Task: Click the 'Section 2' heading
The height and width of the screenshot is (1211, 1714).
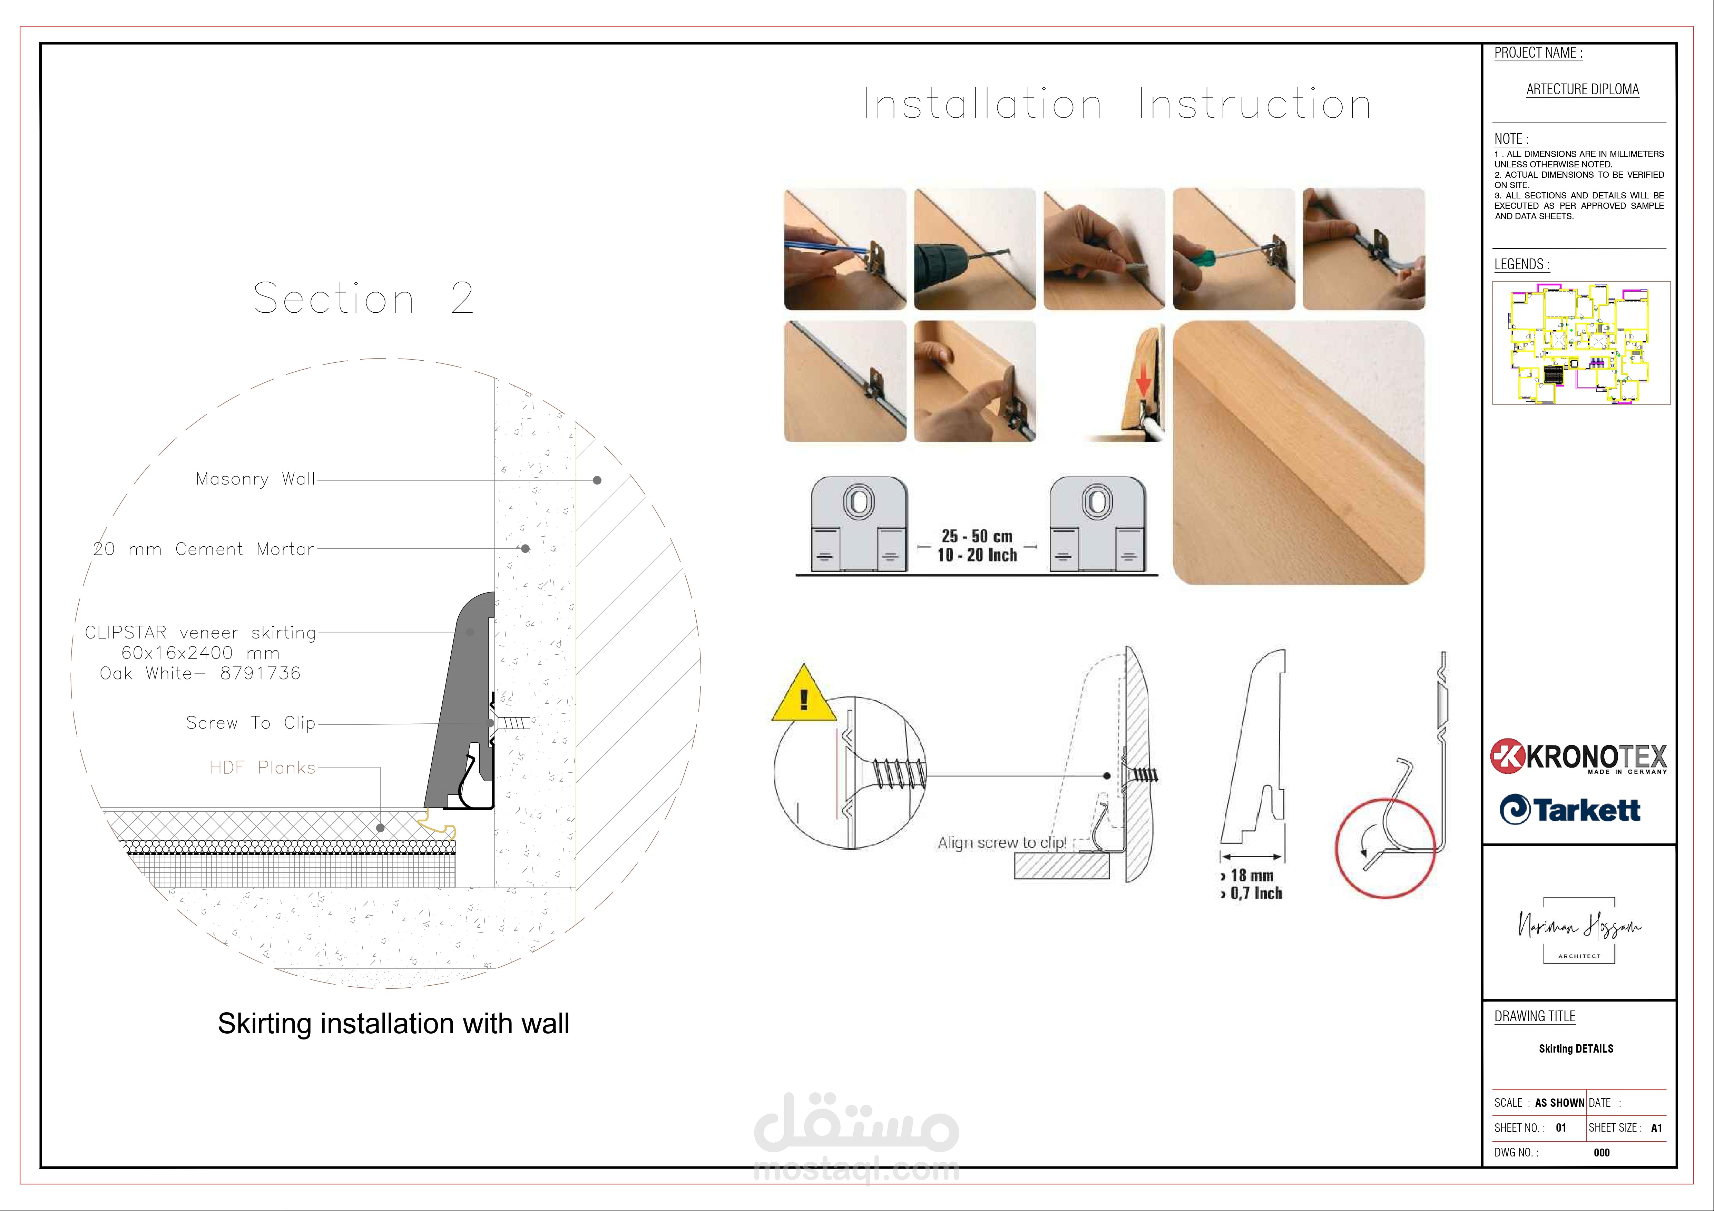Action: click(x=364, y=299)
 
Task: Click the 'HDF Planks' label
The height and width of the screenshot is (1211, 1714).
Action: click(x=263, y=768)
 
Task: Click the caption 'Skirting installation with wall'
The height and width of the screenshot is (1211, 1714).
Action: click(x=393, y=1024)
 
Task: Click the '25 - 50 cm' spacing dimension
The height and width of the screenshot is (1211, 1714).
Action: click(x=977, y=536)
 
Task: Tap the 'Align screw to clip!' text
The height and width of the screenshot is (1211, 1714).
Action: click(x=1002, y=843)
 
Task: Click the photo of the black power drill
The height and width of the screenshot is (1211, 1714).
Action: click(x=975, y=248)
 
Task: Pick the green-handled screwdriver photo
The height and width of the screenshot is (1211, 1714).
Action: click(x=1234, y=248)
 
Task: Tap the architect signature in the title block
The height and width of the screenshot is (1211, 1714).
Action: click(x=1579, y=928)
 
